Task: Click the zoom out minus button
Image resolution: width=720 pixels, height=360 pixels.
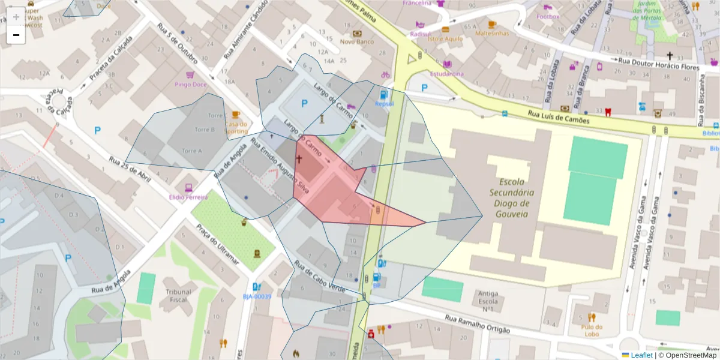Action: tap(16, 35)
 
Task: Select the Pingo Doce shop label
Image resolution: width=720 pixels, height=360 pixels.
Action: tap(191, 84)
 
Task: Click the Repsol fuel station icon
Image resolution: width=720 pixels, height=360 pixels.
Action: tap(383, 94)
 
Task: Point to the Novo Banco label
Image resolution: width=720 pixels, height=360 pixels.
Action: tap(357, 41)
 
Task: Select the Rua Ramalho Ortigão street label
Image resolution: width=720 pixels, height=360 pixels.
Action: tap(477, 325)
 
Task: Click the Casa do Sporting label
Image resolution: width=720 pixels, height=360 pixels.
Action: tap(236, 127)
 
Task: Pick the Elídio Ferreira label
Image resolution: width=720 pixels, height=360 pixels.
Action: tap(188, 197)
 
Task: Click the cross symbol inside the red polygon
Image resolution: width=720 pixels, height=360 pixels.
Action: tap(299, 159)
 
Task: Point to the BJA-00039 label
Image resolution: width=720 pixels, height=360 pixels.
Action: tap(257, 296)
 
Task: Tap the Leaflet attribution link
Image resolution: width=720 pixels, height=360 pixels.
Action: tap(641, 355)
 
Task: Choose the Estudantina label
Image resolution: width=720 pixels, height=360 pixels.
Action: tap(446, 74)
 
